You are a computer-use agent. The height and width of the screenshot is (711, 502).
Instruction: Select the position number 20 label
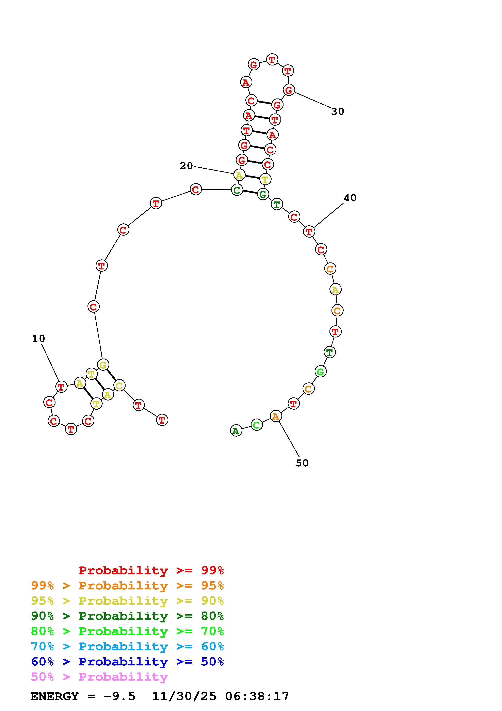[186, 166]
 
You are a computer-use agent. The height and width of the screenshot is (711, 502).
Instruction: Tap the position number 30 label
[337, 111]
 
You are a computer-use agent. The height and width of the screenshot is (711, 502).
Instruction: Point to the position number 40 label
[350, 198]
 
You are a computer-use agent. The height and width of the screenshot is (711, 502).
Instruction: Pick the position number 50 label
[302, 463]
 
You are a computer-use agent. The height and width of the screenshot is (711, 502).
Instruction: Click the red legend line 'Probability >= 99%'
[151, 570]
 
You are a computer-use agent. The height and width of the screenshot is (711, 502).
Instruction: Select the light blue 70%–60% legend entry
[127, 647]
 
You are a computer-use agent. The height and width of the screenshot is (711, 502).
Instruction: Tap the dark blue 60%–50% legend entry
[127, 662]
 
